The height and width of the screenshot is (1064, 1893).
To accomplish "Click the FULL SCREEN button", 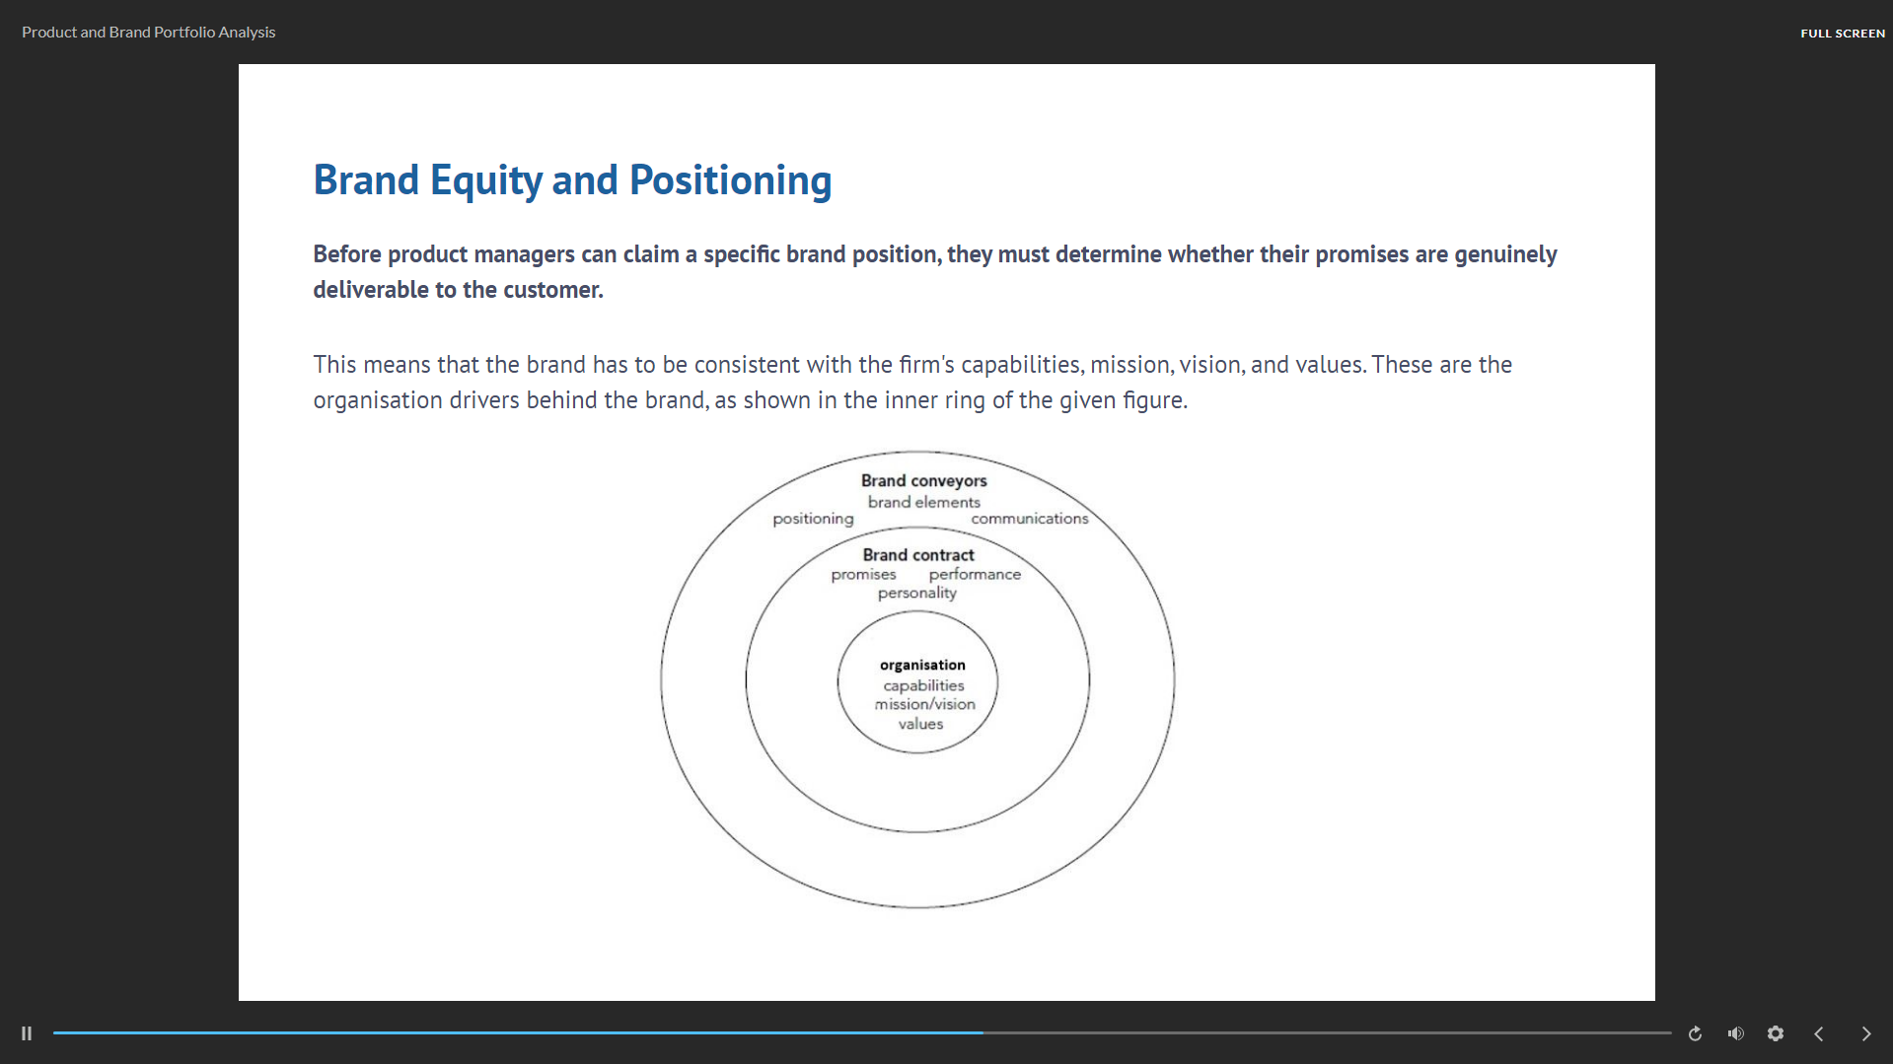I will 1842,33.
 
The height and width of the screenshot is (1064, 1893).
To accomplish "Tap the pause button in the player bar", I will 27,1033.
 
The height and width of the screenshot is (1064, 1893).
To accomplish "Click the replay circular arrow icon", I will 1695,1033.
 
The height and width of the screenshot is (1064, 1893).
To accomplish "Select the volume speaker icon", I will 1735,1033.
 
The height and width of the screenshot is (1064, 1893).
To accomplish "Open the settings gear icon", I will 1776,1033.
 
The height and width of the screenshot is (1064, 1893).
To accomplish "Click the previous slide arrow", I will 1819,1033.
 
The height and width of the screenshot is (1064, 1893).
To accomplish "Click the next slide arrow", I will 1865,1033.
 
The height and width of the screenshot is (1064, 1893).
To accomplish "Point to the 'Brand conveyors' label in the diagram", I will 923,480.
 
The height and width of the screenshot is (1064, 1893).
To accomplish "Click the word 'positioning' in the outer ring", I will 813,519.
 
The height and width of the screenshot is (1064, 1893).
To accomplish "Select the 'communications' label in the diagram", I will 1029,519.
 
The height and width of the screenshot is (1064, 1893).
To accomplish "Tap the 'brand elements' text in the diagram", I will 923,502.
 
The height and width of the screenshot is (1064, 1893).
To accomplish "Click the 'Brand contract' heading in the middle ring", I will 917,555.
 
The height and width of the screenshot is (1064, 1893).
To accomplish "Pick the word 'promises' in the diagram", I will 863,575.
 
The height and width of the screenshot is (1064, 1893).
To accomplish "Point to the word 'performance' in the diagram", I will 975,575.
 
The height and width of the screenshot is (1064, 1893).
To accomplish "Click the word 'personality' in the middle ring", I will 916,593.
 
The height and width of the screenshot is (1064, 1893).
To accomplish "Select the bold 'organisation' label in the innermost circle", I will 922,665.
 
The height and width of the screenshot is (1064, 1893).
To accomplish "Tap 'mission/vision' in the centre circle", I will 924,704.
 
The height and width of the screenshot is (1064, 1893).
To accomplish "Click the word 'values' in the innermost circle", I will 920,724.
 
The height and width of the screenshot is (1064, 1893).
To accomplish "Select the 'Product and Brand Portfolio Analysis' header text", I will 148,33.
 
